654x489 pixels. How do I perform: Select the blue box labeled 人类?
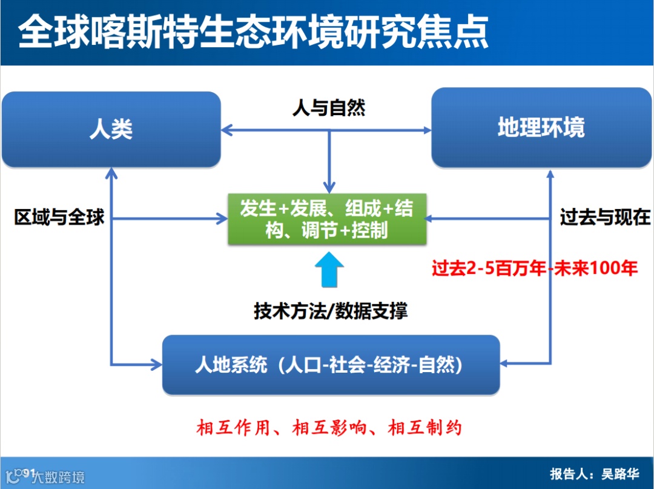coord(111,129)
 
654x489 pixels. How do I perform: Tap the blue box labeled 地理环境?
coord(541,128)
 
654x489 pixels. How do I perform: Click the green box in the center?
coord(326,219)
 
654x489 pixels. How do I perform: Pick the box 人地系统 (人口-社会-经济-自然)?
coord(331,365)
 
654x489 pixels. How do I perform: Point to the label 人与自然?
coord(329,108)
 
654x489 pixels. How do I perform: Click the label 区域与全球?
coord(59,217)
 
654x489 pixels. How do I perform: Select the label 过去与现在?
coord(605,217)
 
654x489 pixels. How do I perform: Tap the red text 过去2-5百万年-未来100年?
coord(534,268)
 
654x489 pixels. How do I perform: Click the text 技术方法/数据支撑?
coord(331,311)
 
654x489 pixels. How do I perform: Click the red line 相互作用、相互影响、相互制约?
coord(329,428)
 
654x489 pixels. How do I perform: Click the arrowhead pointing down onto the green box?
coord(329,188)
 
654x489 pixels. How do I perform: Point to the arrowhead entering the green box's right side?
coord(431,218)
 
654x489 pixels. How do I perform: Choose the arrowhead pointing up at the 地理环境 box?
coord(550,174)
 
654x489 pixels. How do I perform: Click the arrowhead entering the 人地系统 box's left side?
coord(156,364)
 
